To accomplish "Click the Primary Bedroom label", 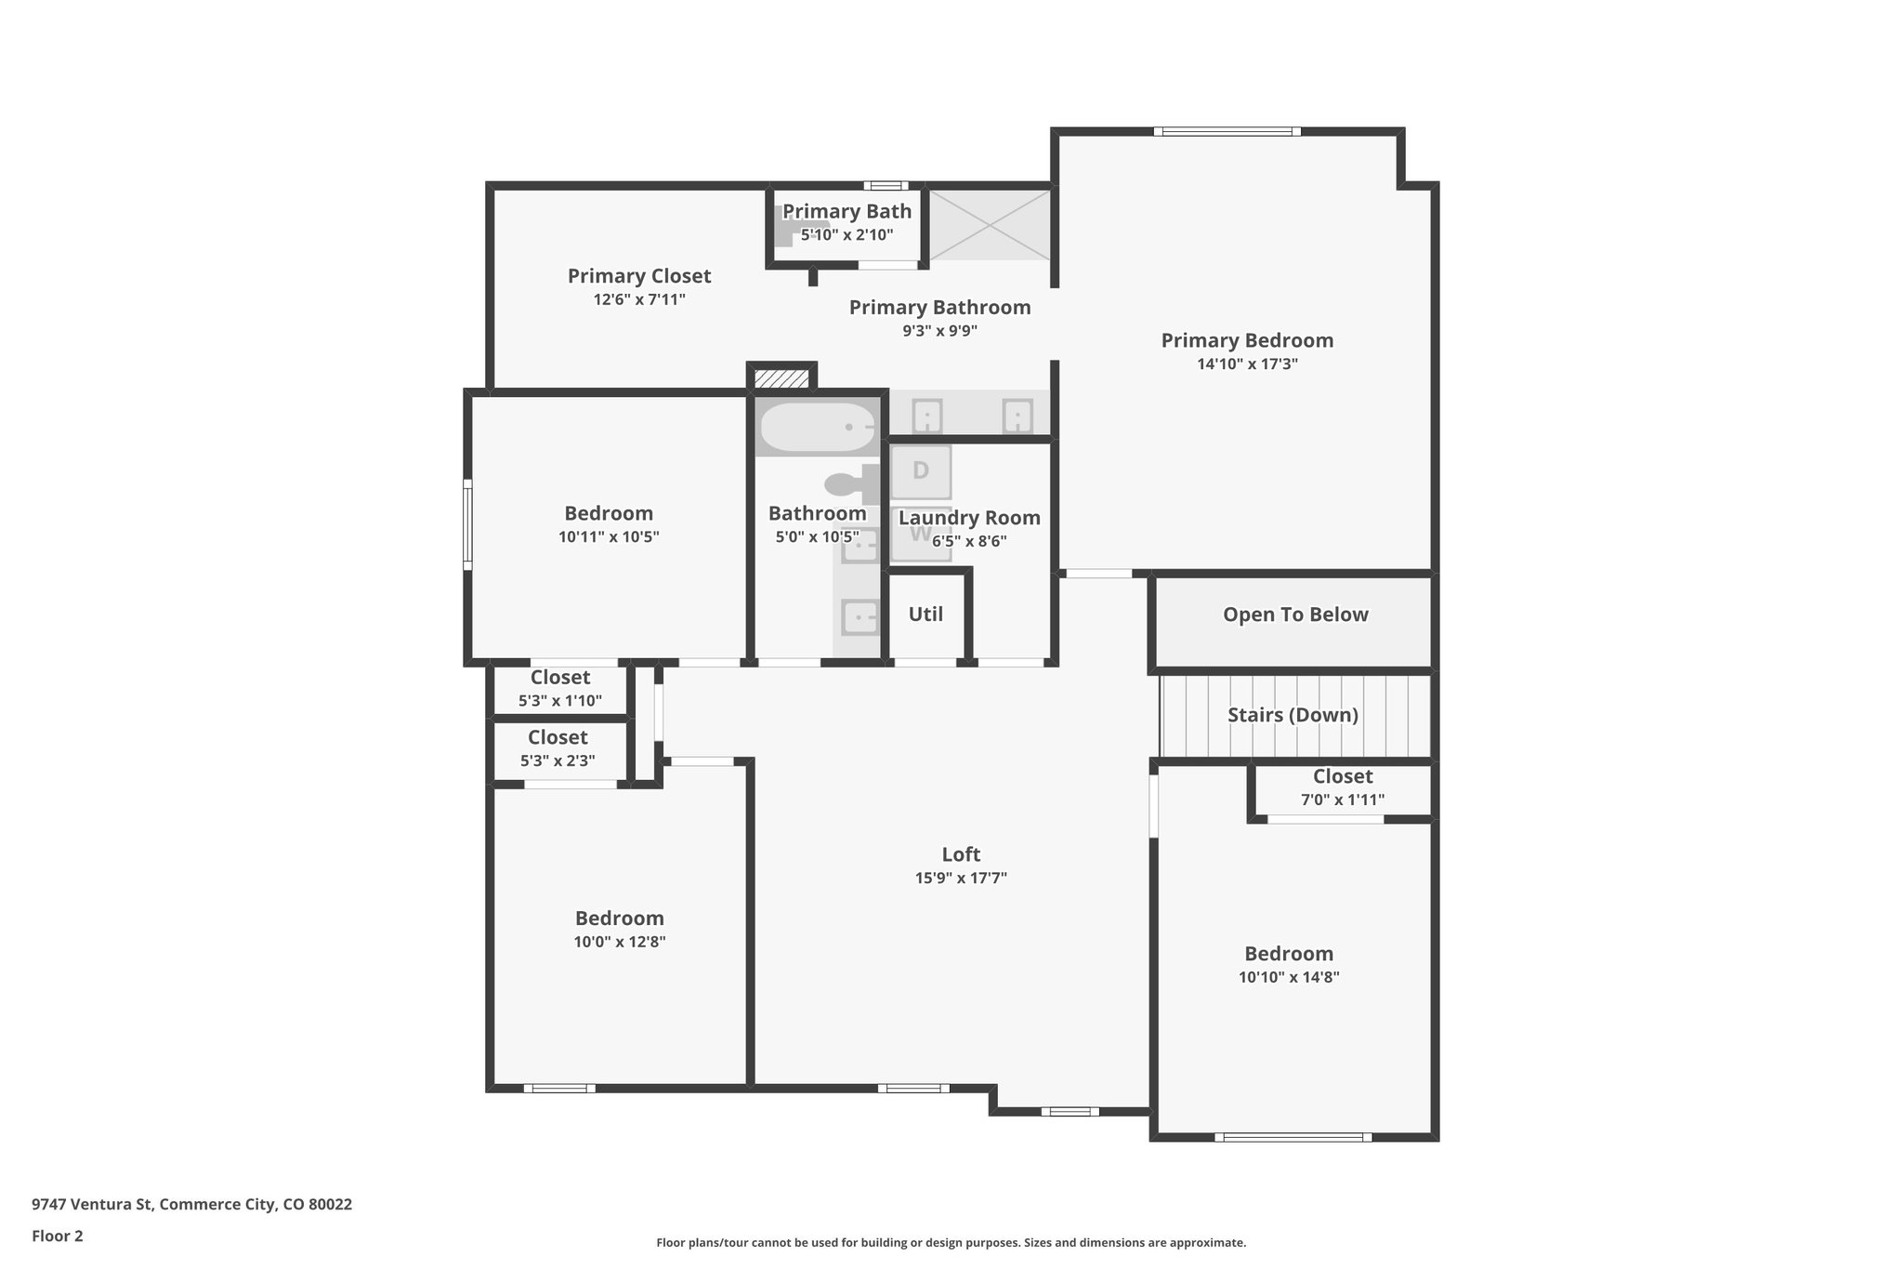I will coord(1247,341).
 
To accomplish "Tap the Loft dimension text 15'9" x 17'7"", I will coord(961,878).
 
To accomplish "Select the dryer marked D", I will coord(921,471).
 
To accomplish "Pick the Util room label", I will coord(925,615).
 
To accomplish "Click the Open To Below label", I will coord(1295,615).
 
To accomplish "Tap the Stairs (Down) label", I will coord(1293,715).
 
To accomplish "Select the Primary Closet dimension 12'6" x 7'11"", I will coord(639,299).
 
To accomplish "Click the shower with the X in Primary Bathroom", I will coord(991,224).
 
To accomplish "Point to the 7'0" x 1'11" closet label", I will coord(1343,800).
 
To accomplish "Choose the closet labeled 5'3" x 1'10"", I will coord(560,689).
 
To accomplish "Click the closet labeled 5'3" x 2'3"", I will coord(558,749).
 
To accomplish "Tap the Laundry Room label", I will coord(969,519).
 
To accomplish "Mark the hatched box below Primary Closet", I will coord(781,379).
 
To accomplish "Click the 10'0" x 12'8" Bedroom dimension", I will coord(620,942).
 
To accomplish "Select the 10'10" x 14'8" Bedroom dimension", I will coord(1289,977).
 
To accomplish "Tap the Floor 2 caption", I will coord(58,1236).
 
